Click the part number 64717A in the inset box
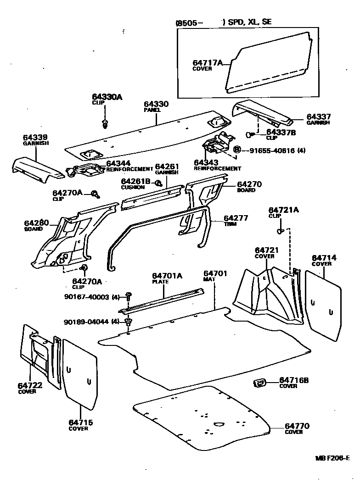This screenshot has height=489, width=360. coord(207,62)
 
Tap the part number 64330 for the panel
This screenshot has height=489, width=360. coord(156,105)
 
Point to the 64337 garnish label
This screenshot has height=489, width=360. coord(319,117)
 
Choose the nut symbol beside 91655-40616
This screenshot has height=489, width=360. coord(237,150)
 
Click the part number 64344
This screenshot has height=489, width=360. coord(118,163)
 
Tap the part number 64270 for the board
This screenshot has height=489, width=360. coord(249,184)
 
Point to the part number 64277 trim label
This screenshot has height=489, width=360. coord(236,218)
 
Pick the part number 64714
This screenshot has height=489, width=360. coord(324,258)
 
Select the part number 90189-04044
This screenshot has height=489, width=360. coord(86,322)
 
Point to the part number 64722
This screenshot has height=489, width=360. coord(30,386)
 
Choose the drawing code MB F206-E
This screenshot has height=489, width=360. coord(332,458)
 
